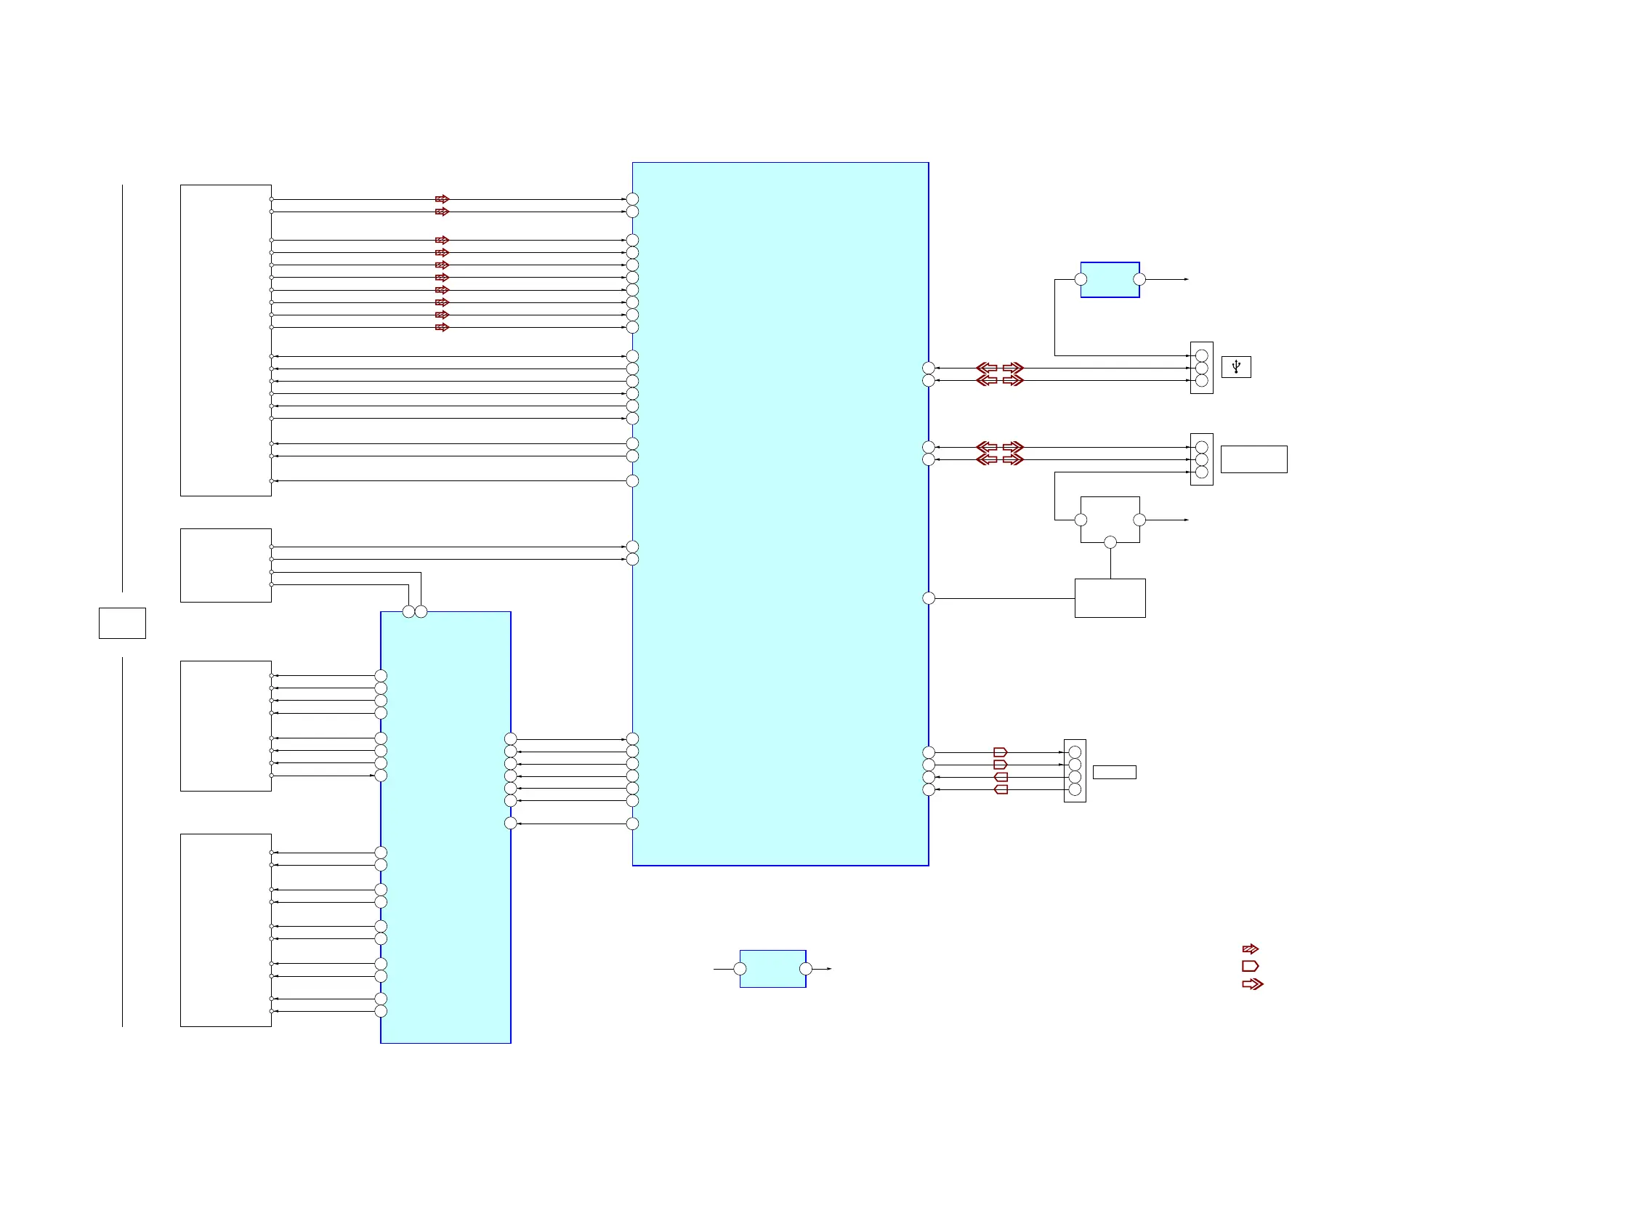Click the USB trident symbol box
pos(1236,366)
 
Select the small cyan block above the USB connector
pos(1109,280)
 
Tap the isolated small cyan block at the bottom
pos(772,968)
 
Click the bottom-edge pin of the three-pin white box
pos(1110,542)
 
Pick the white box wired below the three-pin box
pos(1109,598)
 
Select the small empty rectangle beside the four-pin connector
pos(1113,772)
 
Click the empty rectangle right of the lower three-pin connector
pos(1253,459)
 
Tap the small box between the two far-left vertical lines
pos(122,623)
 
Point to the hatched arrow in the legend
pos(1250,949)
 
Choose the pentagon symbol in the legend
pos(1250,966)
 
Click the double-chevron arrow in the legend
pos(1252,983)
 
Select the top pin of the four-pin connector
pos(1074,752)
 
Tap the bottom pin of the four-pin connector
pos(1074,789)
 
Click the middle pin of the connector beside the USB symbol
pos(1201,368)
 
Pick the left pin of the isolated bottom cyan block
pos(740,969)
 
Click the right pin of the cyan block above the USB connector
pos(1139,280)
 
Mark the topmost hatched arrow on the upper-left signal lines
pos(441,199)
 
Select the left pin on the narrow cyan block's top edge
pos(408,611)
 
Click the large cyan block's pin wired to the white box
pos(928,598)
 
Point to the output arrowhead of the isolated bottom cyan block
pos(829,969)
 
